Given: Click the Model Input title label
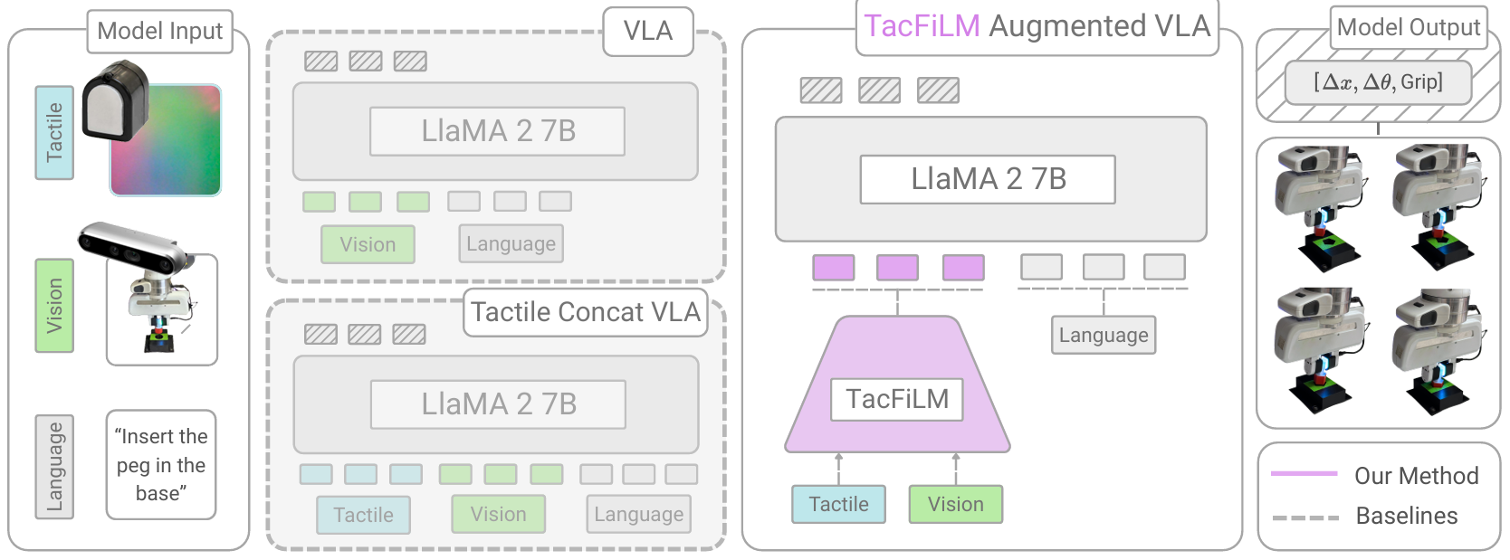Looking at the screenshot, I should (159, 32).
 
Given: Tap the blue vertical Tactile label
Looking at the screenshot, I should (54, 132).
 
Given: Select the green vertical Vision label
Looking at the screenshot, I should (54, 305).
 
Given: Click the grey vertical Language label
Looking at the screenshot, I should (54, 466).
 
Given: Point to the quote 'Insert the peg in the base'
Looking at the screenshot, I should (161, 465).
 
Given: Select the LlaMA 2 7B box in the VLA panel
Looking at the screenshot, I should (497, 131).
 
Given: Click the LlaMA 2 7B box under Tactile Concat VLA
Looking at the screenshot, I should (498, 404).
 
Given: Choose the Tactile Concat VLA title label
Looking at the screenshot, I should (586, 312).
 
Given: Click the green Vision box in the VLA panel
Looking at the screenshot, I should (368, 244).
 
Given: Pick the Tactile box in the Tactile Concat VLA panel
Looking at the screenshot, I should (363, 515).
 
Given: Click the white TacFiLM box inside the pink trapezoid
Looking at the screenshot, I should (896, 399).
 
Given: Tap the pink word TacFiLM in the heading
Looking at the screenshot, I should (922, 26).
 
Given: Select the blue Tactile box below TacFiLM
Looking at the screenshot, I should (838, 504).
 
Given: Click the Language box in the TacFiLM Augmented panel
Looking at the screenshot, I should (1103, 335).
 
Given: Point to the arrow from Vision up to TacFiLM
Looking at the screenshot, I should (956, 469).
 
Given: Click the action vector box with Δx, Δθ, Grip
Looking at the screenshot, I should (1378, 83).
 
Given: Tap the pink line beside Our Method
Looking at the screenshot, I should (1304, 474).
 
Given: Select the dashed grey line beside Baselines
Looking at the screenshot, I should (1305, 517).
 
